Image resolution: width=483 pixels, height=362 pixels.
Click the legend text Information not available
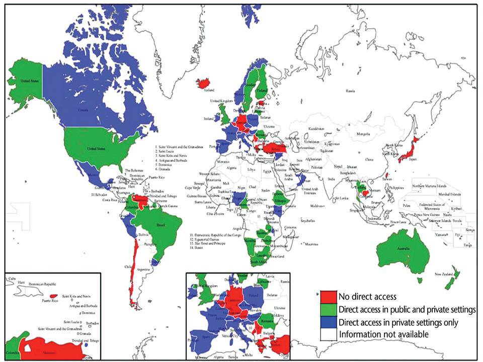coord(384,334)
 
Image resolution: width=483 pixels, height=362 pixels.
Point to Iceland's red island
coord(204,83)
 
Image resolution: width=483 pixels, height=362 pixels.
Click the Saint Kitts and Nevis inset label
coord(75,296)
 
